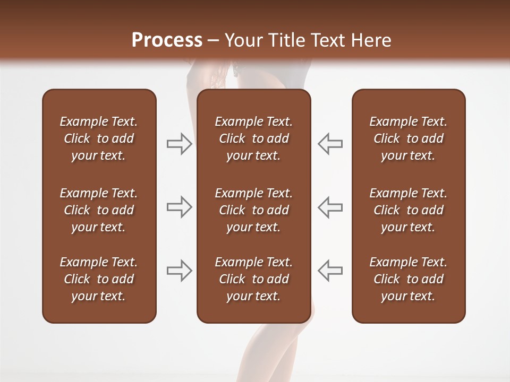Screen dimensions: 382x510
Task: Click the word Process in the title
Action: (167, 40)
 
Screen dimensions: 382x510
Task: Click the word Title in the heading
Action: (286, 40)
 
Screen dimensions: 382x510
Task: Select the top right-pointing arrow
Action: (180, 144)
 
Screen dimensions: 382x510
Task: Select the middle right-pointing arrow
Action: (180, 207)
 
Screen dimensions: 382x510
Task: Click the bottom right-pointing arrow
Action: (180, 271)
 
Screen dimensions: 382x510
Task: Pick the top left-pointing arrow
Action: (330, 144)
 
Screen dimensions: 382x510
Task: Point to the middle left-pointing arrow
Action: (330, 207)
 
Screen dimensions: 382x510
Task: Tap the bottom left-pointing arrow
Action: (330, 271)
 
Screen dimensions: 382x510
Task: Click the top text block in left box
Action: (99, 138)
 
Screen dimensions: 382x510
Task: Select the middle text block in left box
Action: (99, 210)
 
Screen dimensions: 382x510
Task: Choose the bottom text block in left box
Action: (99, 279)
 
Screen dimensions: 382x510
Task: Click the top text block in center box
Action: (253, 138)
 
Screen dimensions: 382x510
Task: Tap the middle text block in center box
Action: (253, 210)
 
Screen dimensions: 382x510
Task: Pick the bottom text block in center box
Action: (253, 279)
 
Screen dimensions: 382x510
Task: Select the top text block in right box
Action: (408, 138)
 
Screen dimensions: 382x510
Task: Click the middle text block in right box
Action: (408, 210)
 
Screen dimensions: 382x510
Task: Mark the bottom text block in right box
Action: (408, 279)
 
